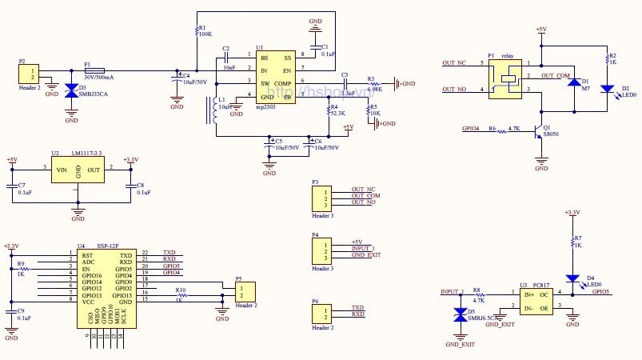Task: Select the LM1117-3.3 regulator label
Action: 86,152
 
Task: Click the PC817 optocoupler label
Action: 541,285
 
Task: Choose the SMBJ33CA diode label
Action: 94,94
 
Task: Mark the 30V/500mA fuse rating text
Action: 99,78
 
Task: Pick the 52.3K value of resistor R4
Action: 337,114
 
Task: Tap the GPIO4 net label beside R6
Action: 473,128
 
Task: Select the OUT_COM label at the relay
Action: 555,76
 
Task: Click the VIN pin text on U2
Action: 61,169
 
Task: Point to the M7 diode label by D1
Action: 586,88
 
